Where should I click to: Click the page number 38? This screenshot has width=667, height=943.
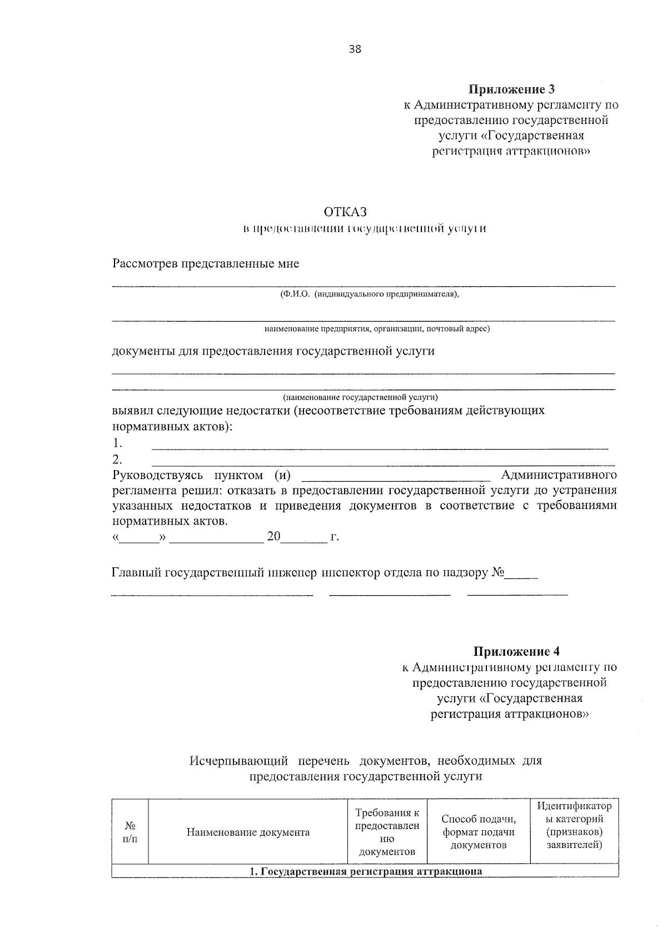click(355, 49)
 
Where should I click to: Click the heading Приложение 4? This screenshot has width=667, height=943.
click(512, 651)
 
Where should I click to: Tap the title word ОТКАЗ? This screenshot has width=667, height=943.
click(345, 212)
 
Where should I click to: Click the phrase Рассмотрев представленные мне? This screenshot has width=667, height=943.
click(206, 263)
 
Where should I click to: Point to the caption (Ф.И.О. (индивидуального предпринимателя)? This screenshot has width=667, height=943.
click(370, 294)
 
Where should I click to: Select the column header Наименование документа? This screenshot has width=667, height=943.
click(248, 832)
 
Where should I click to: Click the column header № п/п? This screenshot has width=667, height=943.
click(130, 832)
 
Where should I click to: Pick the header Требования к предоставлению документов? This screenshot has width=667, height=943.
click(387, 832)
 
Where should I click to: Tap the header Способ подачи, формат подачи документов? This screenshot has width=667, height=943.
click(479, 832)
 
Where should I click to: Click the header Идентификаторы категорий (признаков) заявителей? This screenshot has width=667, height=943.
click(574, 825)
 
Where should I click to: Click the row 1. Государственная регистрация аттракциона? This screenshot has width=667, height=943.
click(365, 871)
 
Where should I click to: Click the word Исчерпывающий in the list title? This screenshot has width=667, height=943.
click(238, 761)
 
